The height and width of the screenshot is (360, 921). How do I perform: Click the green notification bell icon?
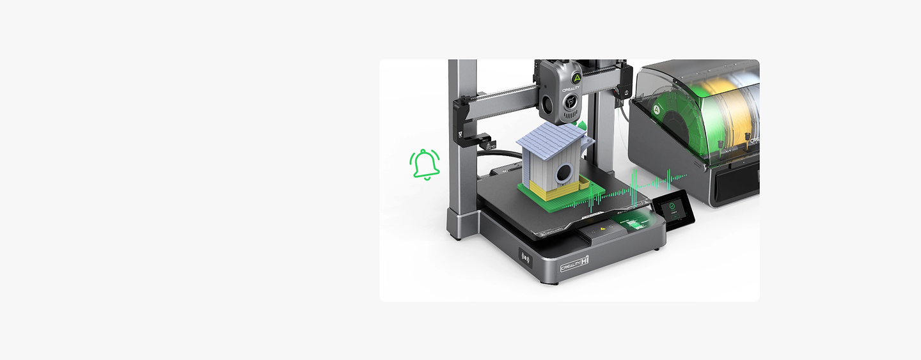[425, 164]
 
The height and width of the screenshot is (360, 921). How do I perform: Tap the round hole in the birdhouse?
[564, 172]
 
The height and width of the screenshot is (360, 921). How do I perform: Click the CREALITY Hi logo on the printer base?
[574, 264]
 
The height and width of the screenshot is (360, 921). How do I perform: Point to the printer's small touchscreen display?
[673, 208]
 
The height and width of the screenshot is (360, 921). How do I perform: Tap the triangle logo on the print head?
[576, 77]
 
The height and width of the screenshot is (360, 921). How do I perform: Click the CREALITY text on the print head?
[571, 90]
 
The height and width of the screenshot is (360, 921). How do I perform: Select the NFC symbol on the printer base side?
[526, 258]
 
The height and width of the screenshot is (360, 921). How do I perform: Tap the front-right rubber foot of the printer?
[659, 248]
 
